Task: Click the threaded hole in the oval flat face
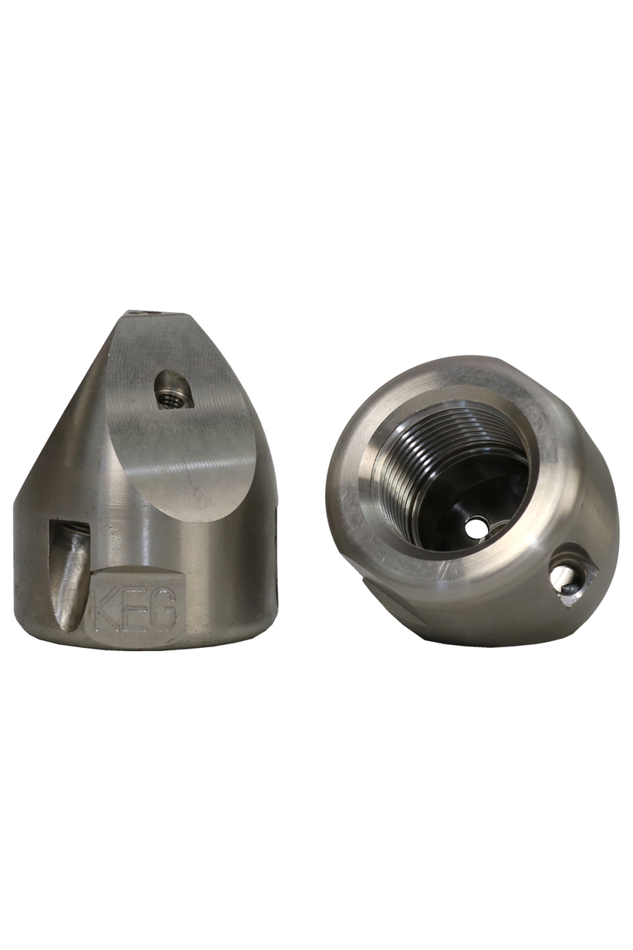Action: pyautogui.click(x=173, y=399)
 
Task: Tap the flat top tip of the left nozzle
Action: pyautogui.click(x=154, y=314)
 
